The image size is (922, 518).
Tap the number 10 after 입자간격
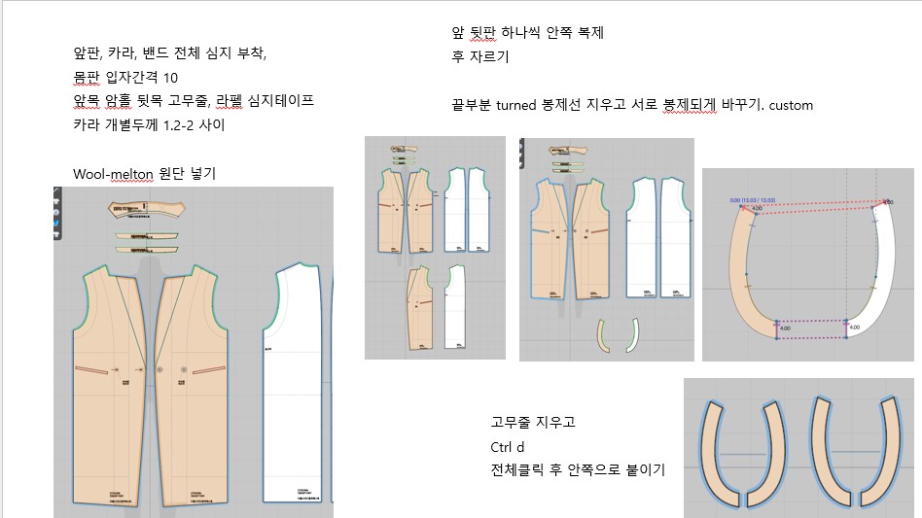click(x=169, y=78)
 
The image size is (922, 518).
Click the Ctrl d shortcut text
click(x=506, y=447)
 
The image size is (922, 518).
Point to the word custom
click(x=790, y=105)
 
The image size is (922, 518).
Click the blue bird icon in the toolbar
click(x=57, y=224)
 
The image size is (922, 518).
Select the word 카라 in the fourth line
click(x=89, y=124)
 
